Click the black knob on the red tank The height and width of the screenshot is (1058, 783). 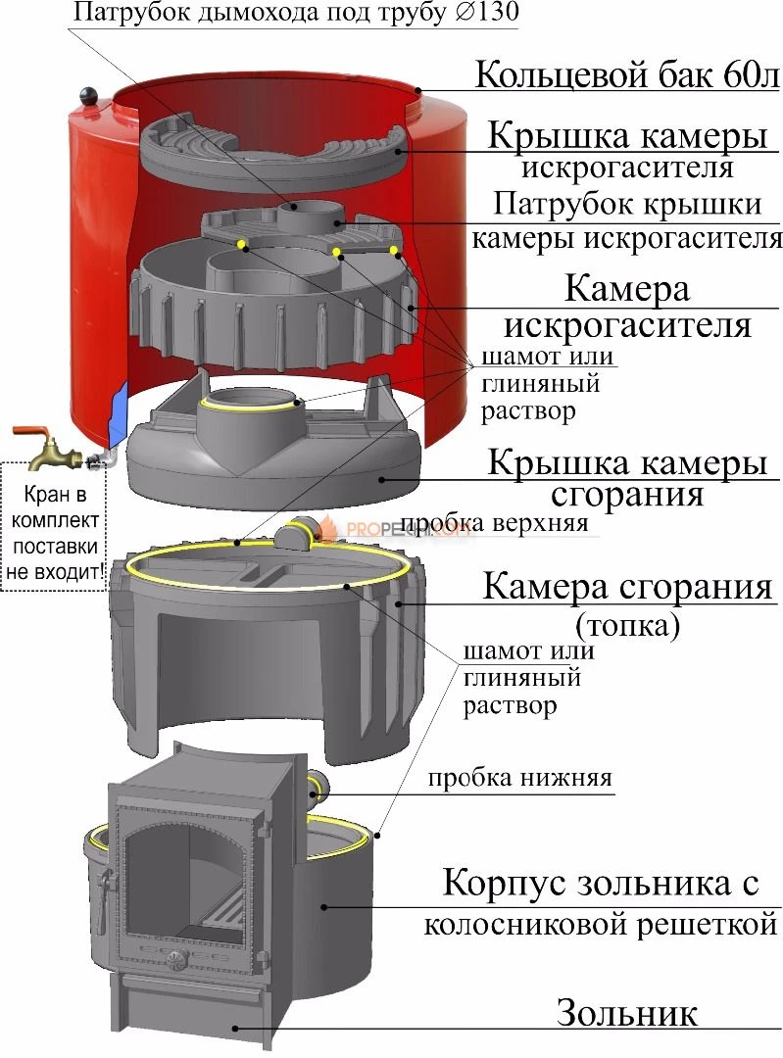coord(90,97)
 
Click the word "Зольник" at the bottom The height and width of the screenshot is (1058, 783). coord(627,1013)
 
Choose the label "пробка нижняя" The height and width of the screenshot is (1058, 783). coord(519,779)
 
